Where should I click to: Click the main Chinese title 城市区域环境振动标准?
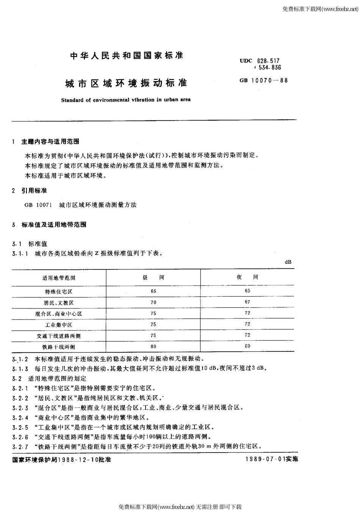[127, 83]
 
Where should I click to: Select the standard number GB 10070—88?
[263, 80]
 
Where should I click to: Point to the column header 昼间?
[153, 277]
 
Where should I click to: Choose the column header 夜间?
[247, 277]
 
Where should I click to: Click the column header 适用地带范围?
[59, 278]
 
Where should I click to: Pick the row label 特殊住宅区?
[58, 291]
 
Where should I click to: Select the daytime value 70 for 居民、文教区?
[153, 302]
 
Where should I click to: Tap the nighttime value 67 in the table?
[247, 302]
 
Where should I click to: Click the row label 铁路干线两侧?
[59, 347]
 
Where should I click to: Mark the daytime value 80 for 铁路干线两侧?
[153, 346]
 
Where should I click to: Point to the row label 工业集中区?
[58, 325]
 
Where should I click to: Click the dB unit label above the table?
[288, 262]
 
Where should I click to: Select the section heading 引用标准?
[34, 190]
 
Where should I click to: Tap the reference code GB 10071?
[35, 205]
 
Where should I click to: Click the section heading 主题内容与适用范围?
[50, 141]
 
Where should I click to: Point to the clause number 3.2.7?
[20, 446]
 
